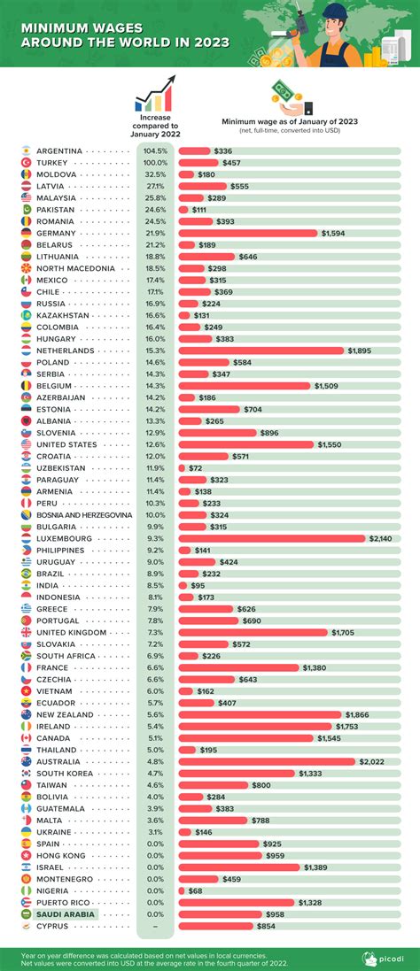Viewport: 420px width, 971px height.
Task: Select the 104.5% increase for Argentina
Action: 155,151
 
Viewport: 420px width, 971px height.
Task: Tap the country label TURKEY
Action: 52,164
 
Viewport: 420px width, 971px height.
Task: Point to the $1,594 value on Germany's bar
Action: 334,233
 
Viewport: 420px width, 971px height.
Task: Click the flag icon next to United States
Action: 27,444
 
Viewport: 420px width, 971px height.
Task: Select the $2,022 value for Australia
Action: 370,761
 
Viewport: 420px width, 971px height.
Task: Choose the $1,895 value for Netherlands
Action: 360,351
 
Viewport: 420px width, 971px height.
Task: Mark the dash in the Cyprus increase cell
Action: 155,926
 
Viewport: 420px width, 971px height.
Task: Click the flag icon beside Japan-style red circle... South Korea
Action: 27,773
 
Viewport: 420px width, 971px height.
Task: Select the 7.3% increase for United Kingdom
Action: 155,632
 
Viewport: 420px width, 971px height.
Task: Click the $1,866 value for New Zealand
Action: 357,714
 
